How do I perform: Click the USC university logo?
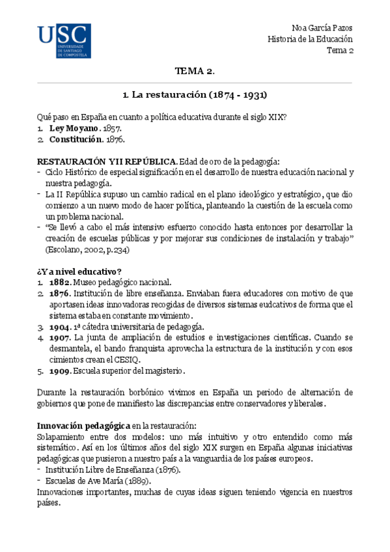click(x=64, y=42)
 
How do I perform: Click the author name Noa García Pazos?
click(x=322, y=28)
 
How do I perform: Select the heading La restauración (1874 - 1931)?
click(x=195, y=94)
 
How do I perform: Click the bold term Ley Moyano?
click(x=73, y=128)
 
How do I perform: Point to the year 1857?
click(x=112, y=128)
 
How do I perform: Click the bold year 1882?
click(x=60, y=283)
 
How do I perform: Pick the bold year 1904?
click(x=60, y=326)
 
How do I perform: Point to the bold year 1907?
click(x=60, y=337)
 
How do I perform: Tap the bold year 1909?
click(x=60, y=371)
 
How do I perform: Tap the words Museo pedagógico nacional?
click(x=122, y=283)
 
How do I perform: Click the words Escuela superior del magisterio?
click(x=130, y=371)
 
